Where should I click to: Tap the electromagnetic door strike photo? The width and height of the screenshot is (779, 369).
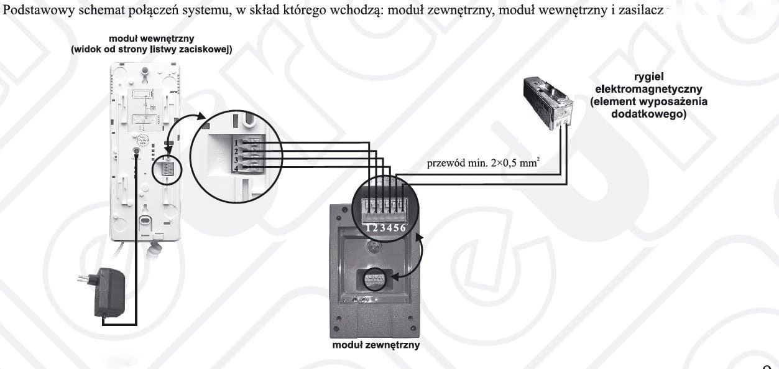(x=548, y=102)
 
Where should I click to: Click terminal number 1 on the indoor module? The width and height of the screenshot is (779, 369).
(x=236, y=142)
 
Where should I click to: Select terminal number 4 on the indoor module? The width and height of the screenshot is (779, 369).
(x=236, y=169)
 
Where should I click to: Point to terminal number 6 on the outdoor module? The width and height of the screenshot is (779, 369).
(x=403, y=228)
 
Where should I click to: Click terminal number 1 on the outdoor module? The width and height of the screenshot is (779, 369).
(x=368, y=228)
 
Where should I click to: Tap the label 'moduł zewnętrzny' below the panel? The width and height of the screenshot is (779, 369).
(x=376, y=345)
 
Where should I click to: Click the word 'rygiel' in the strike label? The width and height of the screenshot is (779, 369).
(x=649, y=77)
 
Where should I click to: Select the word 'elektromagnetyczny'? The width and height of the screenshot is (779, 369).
(x=648, y=89)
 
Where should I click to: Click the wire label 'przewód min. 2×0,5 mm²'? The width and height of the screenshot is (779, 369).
(x=484, y=162)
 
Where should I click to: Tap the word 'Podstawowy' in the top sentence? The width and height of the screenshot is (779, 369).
(x=39, y=11)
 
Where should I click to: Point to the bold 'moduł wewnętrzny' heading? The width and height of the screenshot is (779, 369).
(x=151, y=39)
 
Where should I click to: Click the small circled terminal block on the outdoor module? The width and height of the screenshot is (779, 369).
(x=375, y=279)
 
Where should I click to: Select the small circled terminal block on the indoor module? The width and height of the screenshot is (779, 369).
(x=167, y=169)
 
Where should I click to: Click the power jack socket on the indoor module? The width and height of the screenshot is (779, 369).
(x=137, y=151)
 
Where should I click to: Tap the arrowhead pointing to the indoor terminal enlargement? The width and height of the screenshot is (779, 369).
(x=201, y=116)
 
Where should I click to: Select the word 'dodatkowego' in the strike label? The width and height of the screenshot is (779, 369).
(x=648, y=114)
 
